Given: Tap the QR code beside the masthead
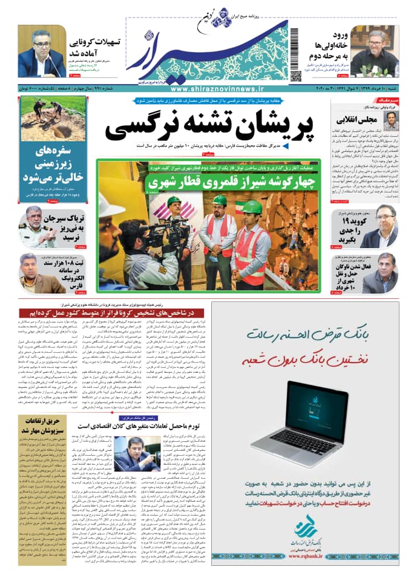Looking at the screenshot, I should pos(295,76).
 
